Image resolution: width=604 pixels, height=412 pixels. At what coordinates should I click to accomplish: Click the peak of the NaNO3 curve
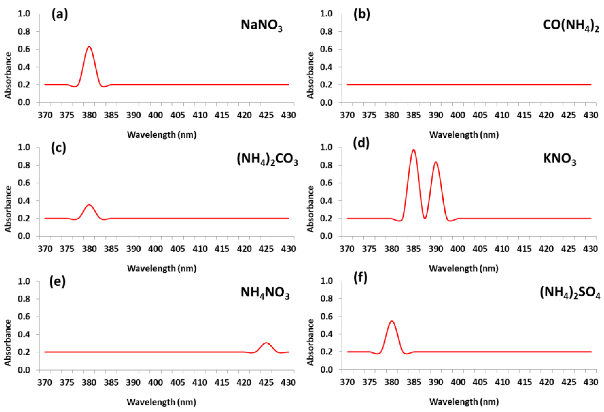[89, 47]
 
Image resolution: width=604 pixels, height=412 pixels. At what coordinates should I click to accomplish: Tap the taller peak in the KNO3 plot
[413, 150]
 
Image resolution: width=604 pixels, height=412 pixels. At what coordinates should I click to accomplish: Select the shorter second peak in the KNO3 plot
[436, 162]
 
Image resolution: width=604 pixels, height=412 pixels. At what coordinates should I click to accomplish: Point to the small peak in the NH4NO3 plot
[266, 343]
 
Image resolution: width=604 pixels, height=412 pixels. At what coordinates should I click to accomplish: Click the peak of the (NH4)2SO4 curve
[392, 321]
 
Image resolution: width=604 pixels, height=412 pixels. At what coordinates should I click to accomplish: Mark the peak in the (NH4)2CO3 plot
[89, 205]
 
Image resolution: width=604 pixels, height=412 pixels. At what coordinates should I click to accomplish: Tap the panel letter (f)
[360, 278]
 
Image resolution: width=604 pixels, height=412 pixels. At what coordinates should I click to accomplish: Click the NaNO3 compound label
[261, 25]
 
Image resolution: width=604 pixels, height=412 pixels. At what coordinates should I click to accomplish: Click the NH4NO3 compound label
[265, 293]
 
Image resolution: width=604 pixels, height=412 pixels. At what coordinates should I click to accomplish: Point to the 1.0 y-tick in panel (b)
[326, 13]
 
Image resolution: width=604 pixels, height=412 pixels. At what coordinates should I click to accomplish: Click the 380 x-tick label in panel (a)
[89, 115]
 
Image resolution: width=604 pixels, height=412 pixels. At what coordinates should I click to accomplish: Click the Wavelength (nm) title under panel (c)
[162, 268]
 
